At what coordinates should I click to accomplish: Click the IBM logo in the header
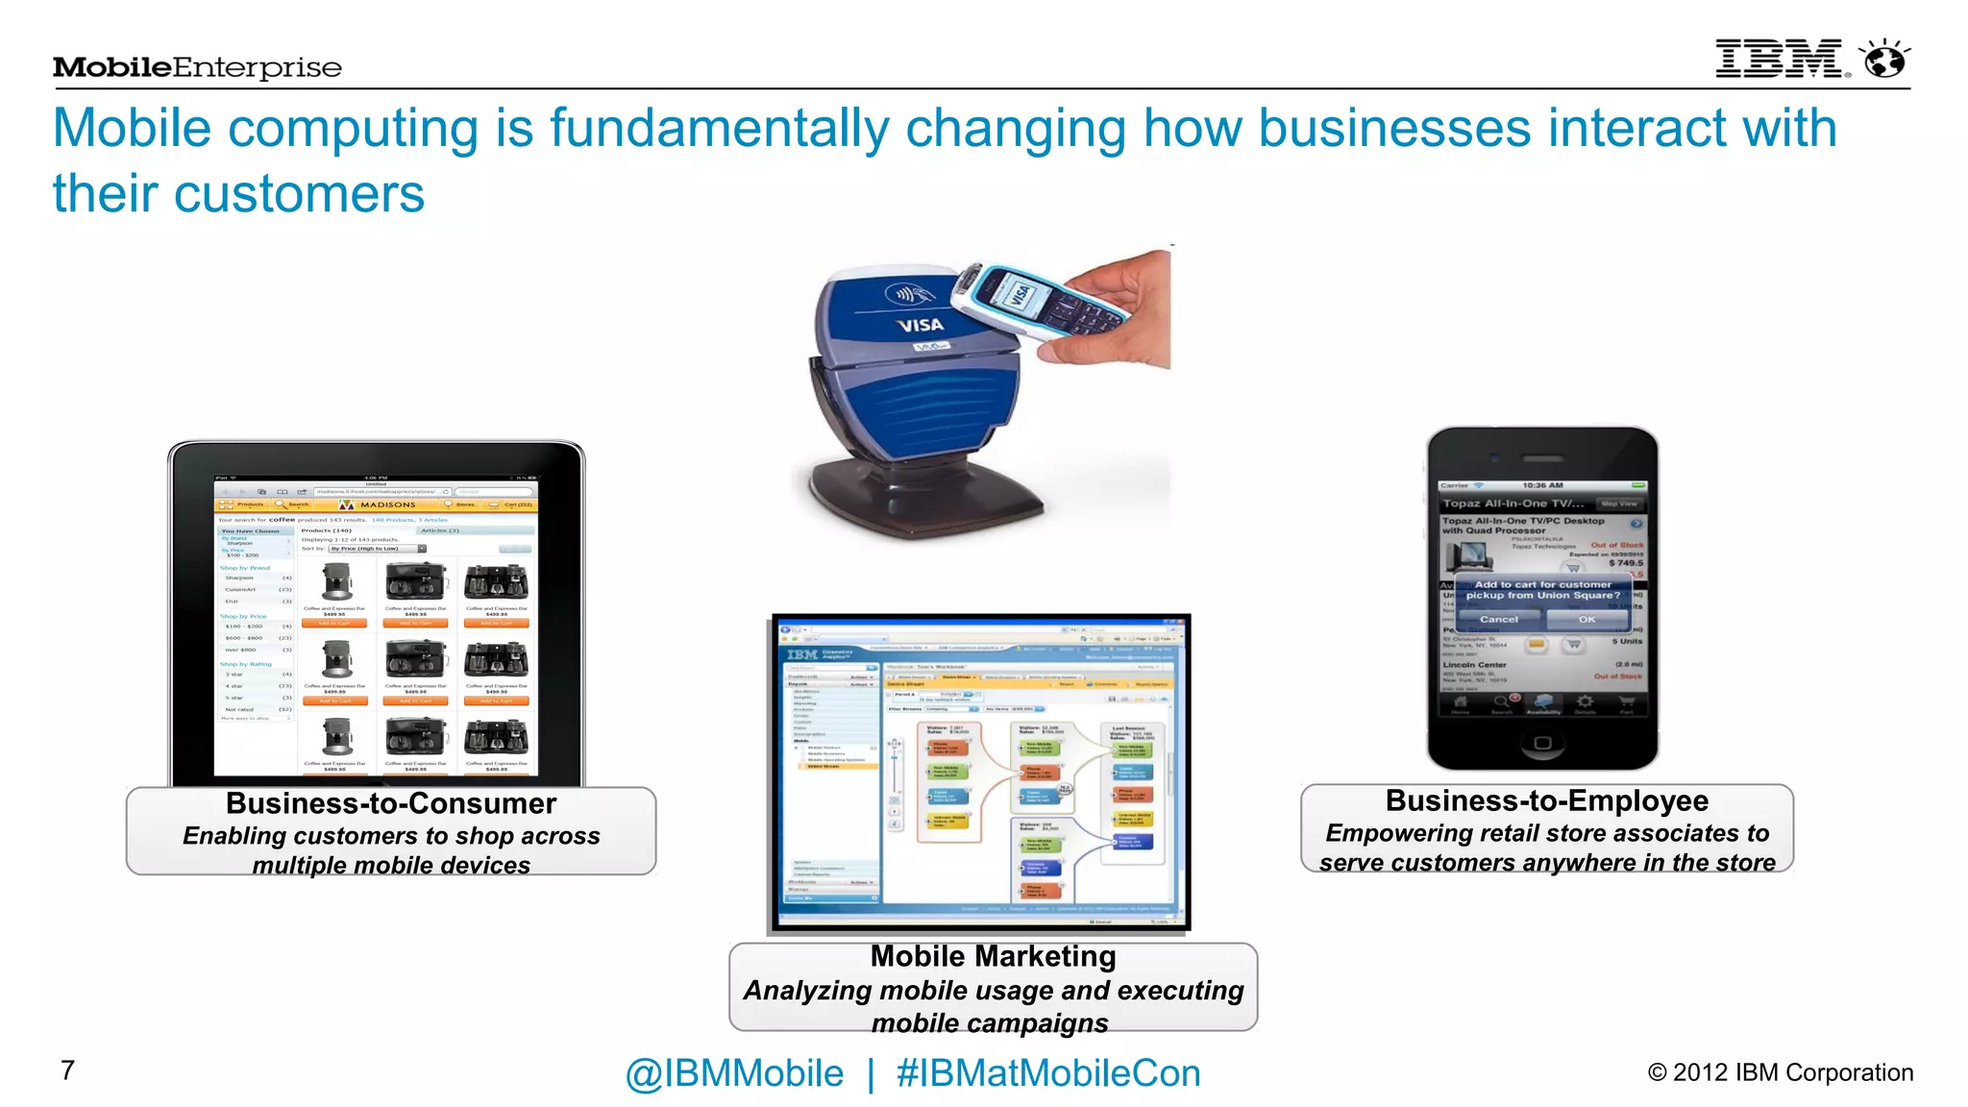pyautogui.click(x=1779, y=60)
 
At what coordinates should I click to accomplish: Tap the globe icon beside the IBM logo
pyautogui.click(x=1885, y=60)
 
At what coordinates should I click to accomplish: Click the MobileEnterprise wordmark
pyautogui.click(x=197, y=67)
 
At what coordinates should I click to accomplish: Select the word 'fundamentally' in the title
pyautogui.click(x=719, y=129)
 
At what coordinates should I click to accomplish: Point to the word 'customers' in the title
pyautogui.click(x=299, y=194)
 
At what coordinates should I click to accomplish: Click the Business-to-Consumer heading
pyautogui.click(x=391, y=803)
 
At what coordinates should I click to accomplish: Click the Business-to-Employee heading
pyautogui.click(x=1546, y=800)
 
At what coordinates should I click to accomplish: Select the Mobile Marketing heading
pyautogui.click(x=993, y=956)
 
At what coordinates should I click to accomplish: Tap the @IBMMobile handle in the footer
pyautogui.click(x=734, y=1073)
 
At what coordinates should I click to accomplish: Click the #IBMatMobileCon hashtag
pyautogui.click(x=1048, y=1073)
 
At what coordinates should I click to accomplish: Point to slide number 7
pyautogui.click(x=67, y=1070)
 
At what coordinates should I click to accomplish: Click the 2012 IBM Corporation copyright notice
pyautogui.click(x=1781, y=1072)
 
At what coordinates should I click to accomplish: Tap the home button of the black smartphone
pyautogui.click(x=1542, y=743)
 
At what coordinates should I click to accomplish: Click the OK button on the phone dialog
pyautogui.click(x=1587, y=620)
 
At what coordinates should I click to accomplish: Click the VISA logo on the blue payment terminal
pyautogui.click(x=920, y=325)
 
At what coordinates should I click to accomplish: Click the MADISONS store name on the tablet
pyautogui.click(x=387, y=504)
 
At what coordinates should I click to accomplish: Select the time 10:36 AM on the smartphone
pyautogui.click(x=1542, y=485)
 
